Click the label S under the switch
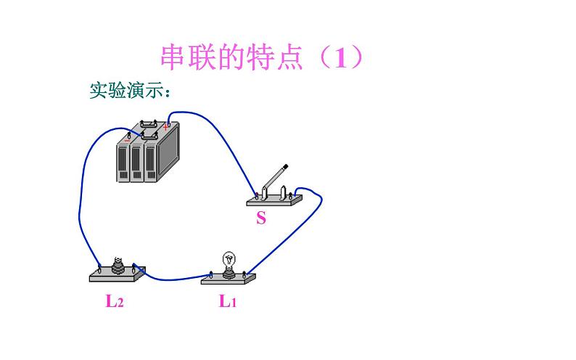pyautogui.click(x=261, y=218)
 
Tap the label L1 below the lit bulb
pyautogui.click(x=228, y=301)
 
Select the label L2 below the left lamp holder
pyautogui.click(x=115, y=301)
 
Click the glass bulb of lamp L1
pyautogui.click(x=229, y=258)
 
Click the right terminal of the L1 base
pyautogui.click(x=244, y=274)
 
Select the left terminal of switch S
pyautogui.click(x=258, y=195)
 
